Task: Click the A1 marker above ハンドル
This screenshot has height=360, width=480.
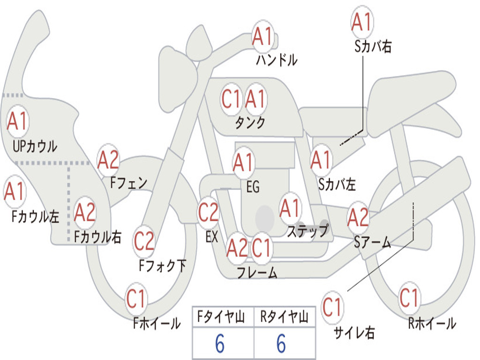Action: [262, 36]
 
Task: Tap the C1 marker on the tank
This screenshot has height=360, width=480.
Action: [232, 99]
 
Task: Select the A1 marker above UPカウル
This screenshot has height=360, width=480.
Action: [18, 121]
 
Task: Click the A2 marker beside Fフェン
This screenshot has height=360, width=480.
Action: [108, 160]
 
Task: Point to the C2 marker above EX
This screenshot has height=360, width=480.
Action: [209, 212]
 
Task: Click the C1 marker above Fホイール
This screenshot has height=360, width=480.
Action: [136, 298]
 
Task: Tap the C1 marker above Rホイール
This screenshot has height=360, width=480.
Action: [409, 297]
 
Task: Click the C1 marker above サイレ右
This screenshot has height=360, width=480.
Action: [332, 307]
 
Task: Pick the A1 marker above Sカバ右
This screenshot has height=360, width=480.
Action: [362, 22]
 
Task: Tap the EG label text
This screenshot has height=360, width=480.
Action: [253, 187]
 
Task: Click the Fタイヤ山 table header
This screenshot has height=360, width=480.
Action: [221, 317]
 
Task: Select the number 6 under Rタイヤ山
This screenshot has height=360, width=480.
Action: [282, 343]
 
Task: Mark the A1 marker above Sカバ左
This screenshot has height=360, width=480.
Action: [321, 160]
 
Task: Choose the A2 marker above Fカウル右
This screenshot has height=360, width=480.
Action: [85, 212]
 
